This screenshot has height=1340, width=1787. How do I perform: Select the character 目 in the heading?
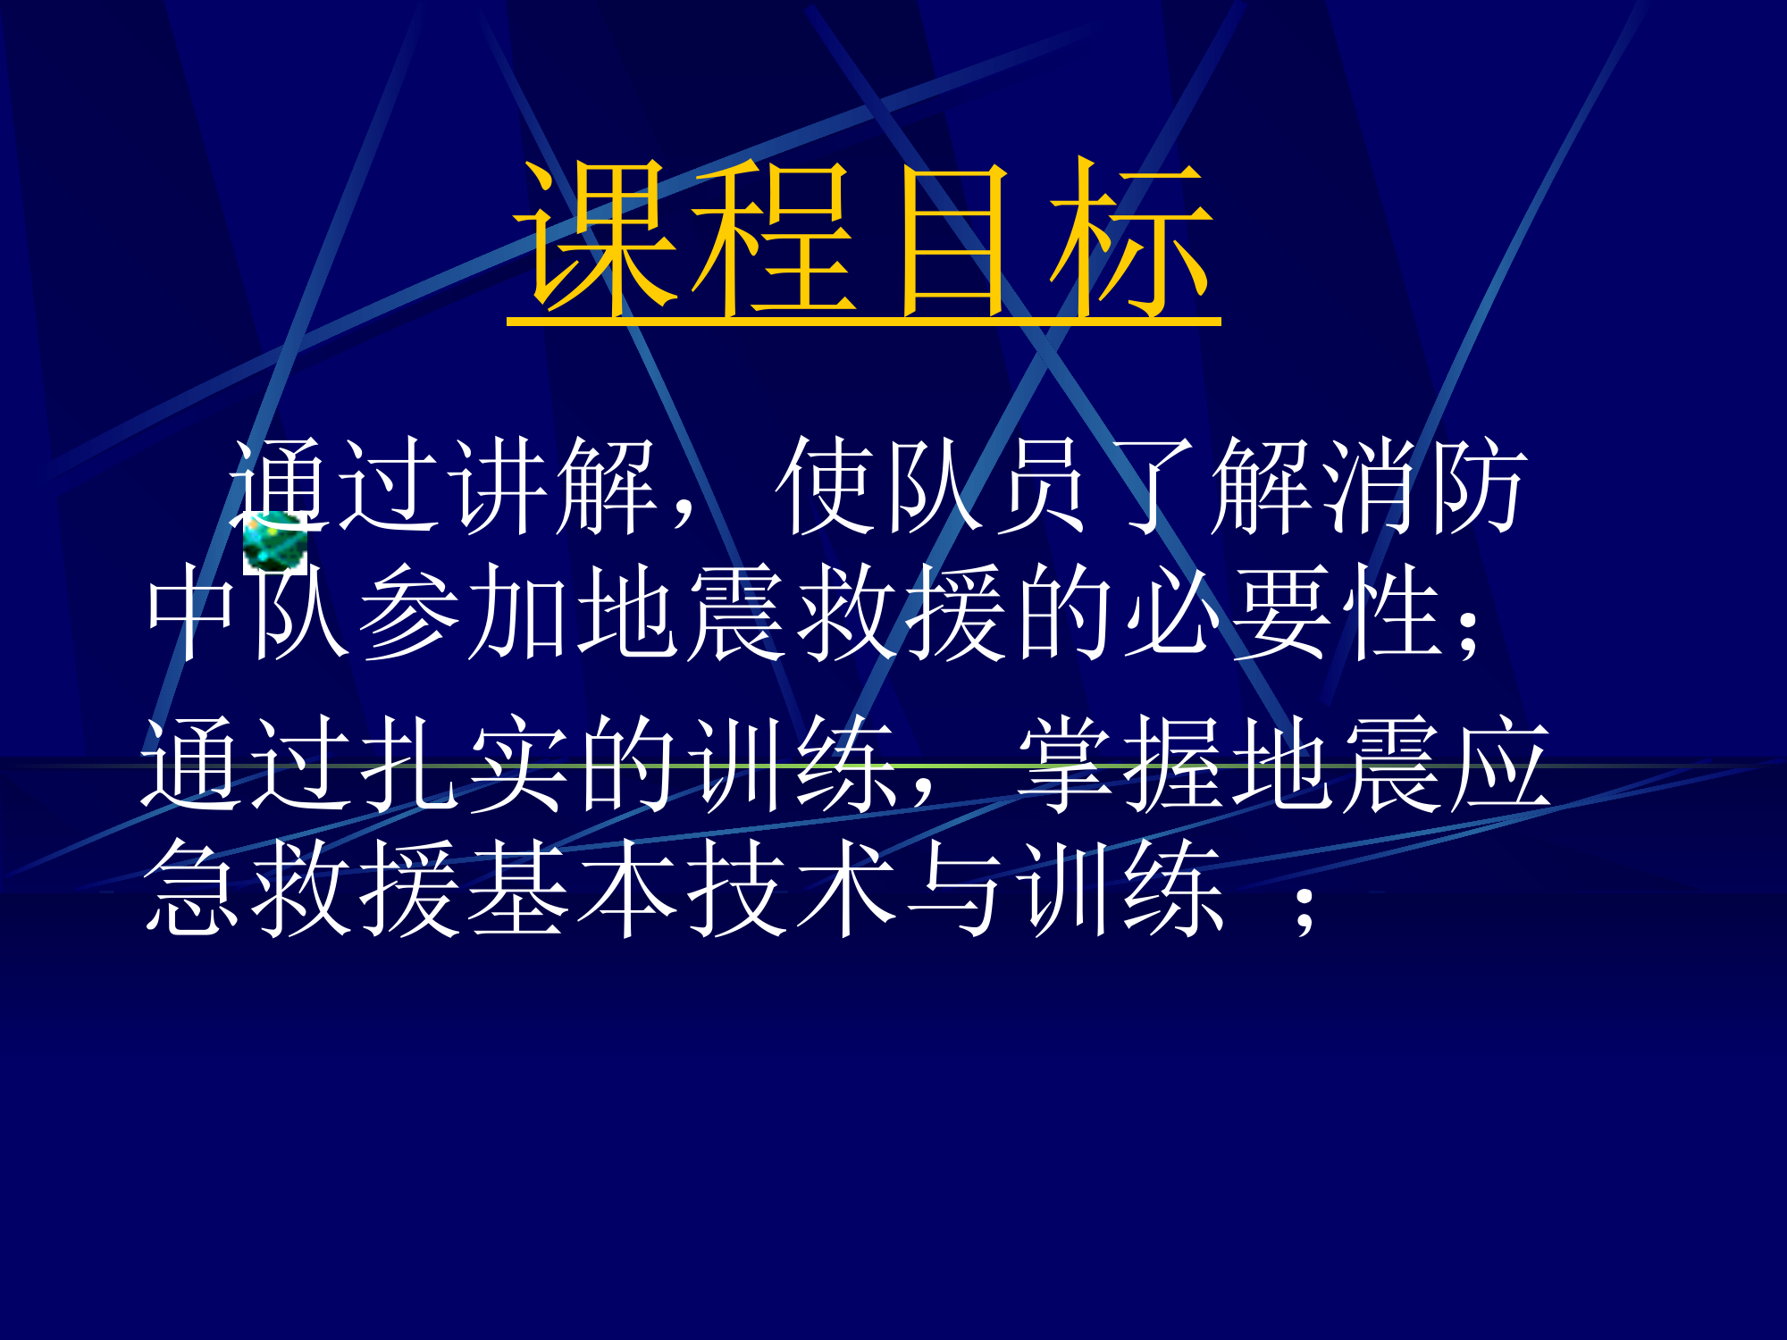pyautogui.click(x=954, y=239)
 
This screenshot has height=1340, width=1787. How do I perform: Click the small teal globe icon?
pyautogui.click(x=273, y=542)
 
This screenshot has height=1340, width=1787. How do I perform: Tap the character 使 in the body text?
pyautogui.click(x=826, y=487)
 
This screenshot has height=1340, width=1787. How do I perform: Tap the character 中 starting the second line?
pyautogui.click(x=191, y=613)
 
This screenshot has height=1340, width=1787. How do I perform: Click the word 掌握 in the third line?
pyautogui.click(x=1122, y=765)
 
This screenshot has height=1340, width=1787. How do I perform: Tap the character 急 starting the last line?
pyautogui.click(x=191, y=889)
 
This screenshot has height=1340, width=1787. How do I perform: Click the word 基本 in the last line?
pyautogui.click(x=572, y=889)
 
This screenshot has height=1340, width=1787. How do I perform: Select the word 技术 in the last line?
pyautogui.click(x=791, y=889)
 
